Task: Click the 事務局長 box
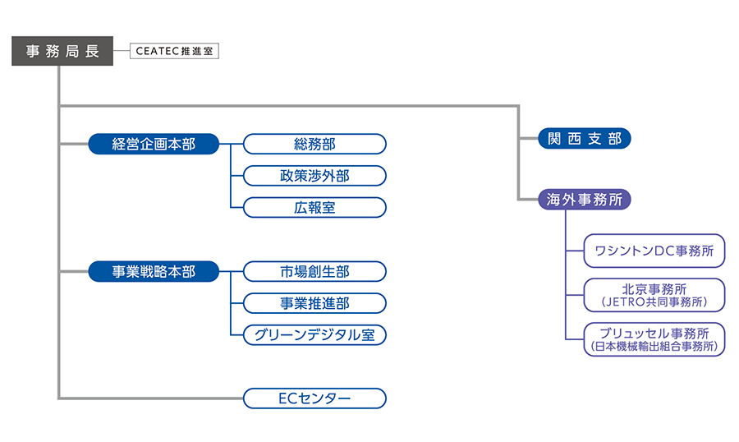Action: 62,51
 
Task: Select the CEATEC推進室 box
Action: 174,51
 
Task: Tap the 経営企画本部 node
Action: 154,144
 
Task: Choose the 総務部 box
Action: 314,144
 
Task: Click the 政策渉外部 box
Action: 314,176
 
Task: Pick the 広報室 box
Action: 314,208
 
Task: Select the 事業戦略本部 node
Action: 154,271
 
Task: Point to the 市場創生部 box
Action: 314,271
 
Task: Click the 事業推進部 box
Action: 314,303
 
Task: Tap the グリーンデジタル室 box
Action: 314,335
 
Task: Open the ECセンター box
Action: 314,398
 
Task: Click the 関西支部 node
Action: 585,138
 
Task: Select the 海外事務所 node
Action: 585,200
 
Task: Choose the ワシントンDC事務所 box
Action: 654,251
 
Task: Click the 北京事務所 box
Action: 654,295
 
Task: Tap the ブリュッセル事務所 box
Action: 654,339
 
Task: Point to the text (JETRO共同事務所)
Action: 654,302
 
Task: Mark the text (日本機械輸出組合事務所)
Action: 654,346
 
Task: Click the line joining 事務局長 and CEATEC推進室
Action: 122,51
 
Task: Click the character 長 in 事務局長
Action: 92,51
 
